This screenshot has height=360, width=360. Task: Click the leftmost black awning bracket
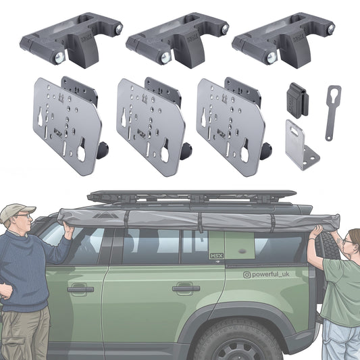pyautogui.click(x=71, y=40)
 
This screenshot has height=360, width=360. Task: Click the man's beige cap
pyautogui.click(x=17, y=213)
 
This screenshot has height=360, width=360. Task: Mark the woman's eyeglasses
pyautogui.click(x=346, y=240)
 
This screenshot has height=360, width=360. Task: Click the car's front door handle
pyautogui.click(x=80, y=289)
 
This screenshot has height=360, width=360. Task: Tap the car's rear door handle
pyautogui.click(x=186, y=288)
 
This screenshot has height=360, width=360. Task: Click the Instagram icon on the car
pyautogui.click(x=248, y=274)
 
